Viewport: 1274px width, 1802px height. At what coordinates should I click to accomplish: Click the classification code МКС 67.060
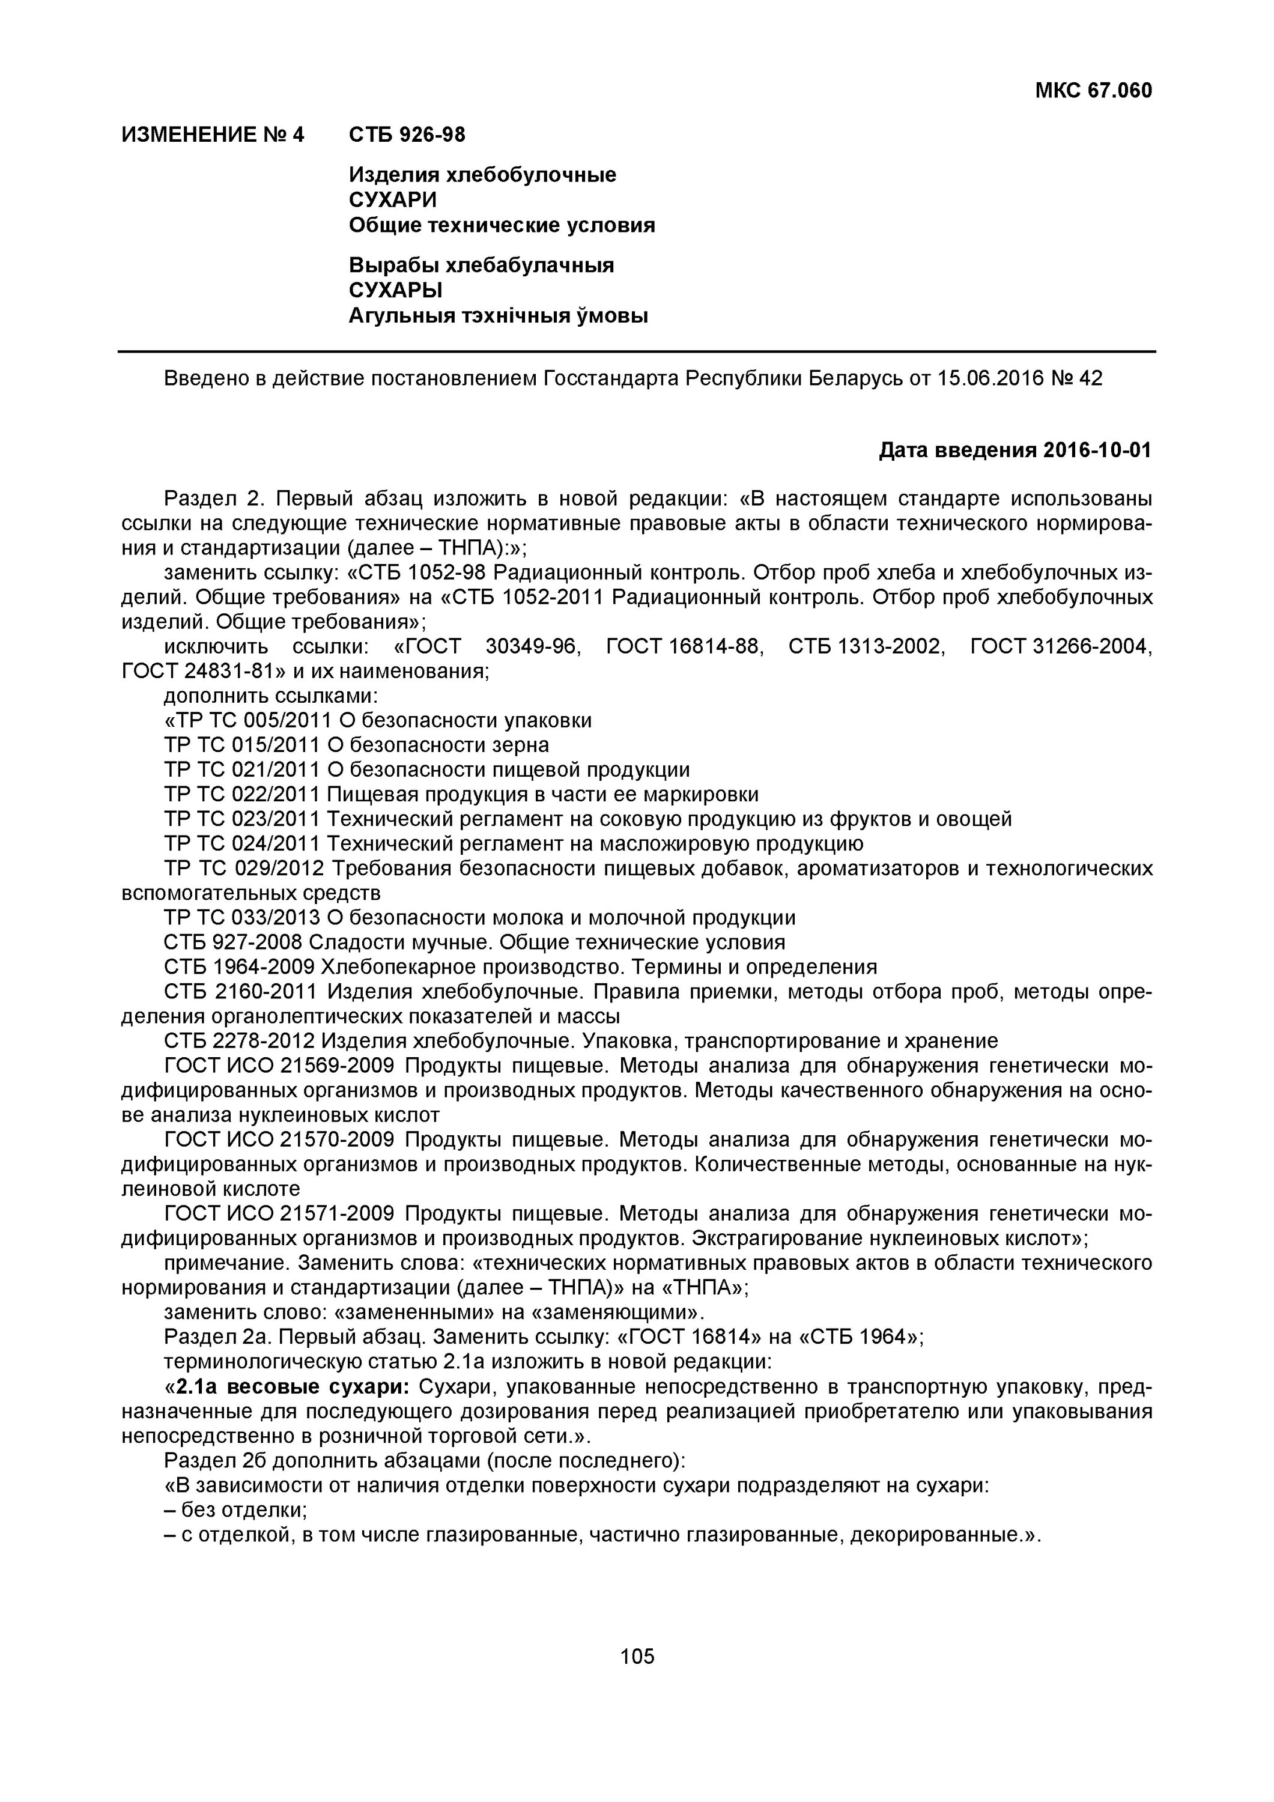pos(1093,91)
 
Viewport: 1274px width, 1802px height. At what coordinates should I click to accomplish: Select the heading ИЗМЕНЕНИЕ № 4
pos(213,135)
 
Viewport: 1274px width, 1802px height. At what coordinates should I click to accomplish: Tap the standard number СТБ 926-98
pos(407,135)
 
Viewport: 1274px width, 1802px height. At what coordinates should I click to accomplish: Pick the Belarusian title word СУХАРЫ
pos(396,290)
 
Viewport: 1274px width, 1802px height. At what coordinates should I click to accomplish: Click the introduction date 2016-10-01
pos(1097,450)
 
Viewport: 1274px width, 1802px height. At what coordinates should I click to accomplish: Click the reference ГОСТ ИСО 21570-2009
pos(279,1141)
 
